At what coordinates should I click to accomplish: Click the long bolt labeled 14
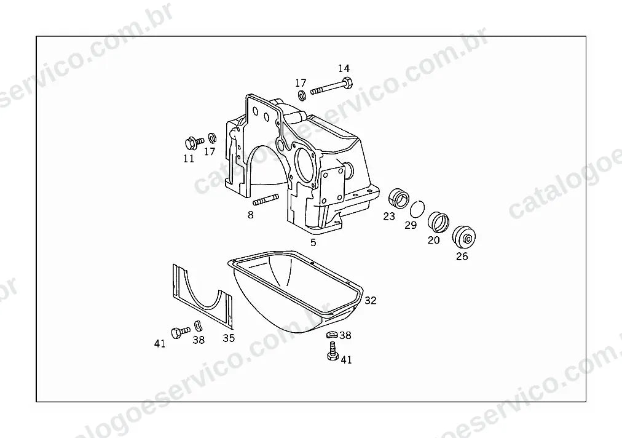[x=332, y=87]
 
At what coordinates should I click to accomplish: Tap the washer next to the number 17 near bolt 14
[x=302, y=95]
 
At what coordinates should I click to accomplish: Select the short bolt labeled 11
[x=194, y=142]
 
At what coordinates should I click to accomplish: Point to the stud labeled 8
[x=265, y=200]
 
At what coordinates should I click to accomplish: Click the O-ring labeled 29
[x=417, y=209]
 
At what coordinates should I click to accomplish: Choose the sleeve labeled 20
[x=438, y=222]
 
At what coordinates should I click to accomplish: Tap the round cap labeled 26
[x=464, y=237]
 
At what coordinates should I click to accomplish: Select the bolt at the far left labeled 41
[x=181, y=332]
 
